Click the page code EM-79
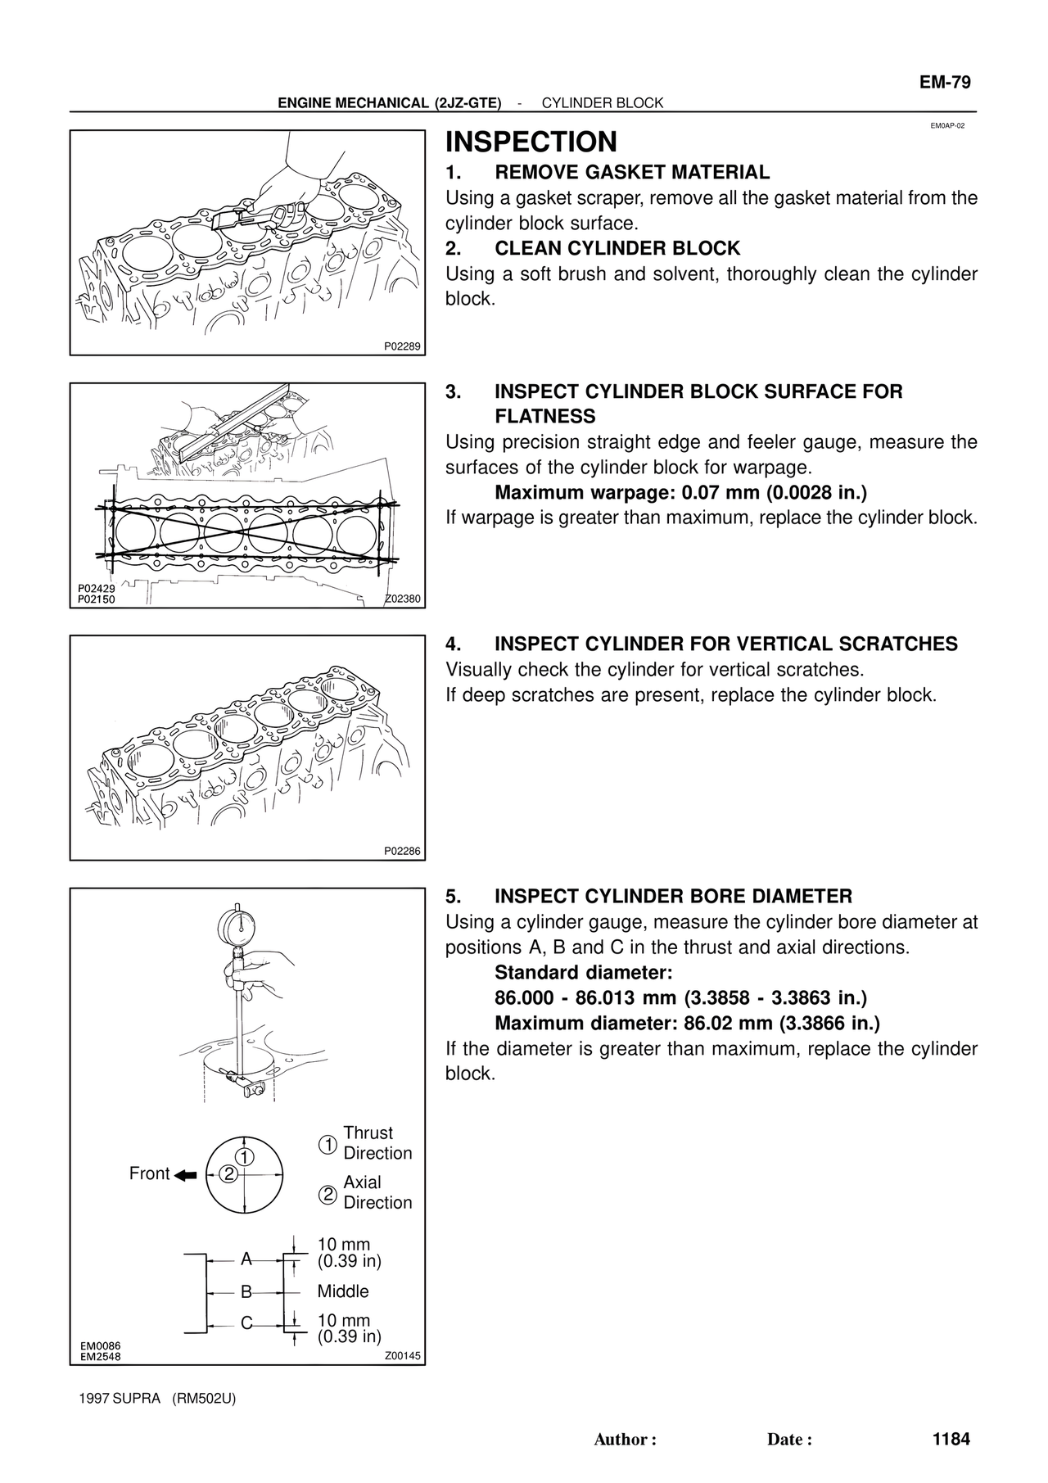[x=944, y=83]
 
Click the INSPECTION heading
[x=531, y=142]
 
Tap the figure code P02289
[x=402, y=346]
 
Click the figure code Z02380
[x=402, y=599]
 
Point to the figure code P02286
[x=402, y=851]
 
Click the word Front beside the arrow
[x=149, y=1173]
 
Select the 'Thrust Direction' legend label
[x=377, y=1143]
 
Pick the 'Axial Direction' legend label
[x=377, y=1192]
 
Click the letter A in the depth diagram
[x=246, y=1259]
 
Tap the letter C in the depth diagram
[x=246, y=1322]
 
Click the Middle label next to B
[x=343, y=1291]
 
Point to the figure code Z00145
[x=402, y=1356]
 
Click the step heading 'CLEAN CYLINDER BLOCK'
[x=617, y=248]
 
